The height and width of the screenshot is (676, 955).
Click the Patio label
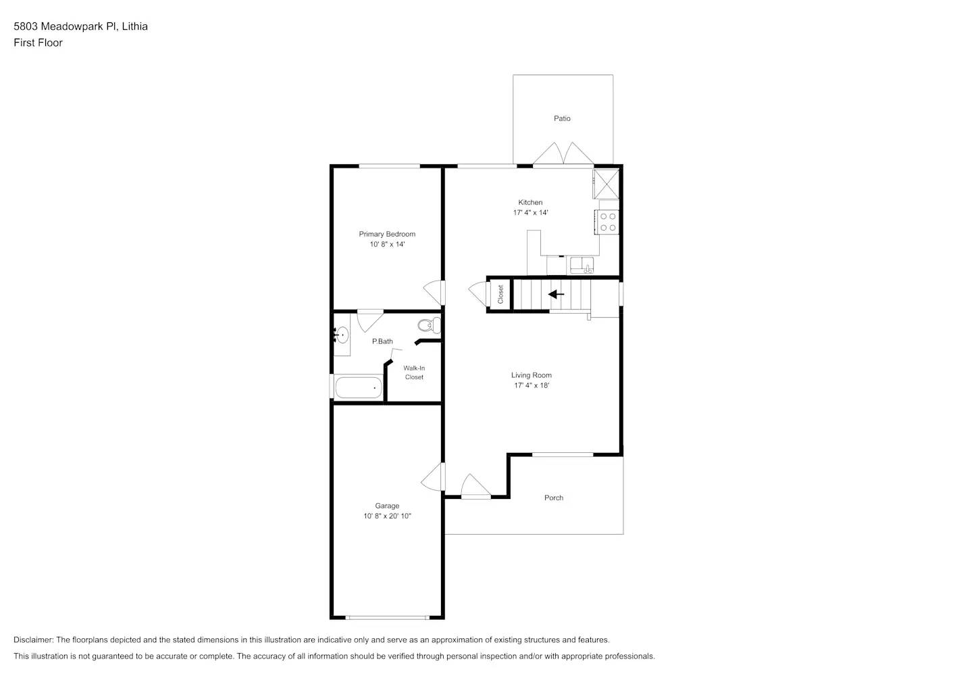pyautogui.click(x=562, y=118)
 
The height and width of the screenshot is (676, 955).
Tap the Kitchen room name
pyautogui.click(x=530, y=202)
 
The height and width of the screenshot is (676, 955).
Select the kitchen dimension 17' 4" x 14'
pyautogui.click(x=530, y=212)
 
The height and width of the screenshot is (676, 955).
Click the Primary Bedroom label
pyautogui.click(x=387, y=234)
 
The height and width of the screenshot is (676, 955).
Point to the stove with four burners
pyautogui.click(x=608, y=222)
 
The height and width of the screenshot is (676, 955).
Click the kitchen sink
pyautogui.click(x=582, y=264)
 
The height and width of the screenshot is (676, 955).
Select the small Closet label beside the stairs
pyautogui.click(x=500, y=294)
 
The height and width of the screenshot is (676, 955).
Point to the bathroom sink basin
pyautogui.click(x=342, y=335)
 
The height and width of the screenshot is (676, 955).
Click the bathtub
pyautogui.click(x=359, y=388)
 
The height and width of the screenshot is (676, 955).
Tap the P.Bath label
pyautogui.click(x=382, y=341)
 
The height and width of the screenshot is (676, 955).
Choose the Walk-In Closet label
pyautogui.click(x=414, y=372)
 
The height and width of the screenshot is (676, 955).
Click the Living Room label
pyautogui.click(x=532, y=375)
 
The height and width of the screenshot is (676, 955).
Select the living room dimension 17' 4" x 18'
pyautogui.click(x=532, y=385)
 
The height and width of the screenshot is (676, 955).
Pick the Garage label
pyautogui.click(x=387, y=506)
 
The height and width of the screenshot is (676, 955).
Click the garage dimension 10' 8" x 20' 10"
pyautogui.click(x=387, y=516)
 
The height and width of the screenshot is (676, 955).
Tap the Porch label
pyautogui.click(x=554, y=498)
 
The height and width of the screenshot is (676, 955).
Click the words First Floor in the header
pyautogui.click(x=38, y=43)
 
